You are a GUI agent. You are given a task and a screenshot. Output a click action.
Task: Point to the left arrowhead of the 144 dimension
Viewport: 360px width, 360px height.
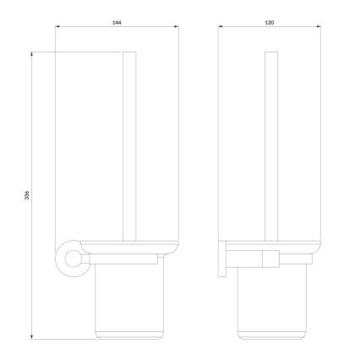pyautogui.click(x=57, y=27)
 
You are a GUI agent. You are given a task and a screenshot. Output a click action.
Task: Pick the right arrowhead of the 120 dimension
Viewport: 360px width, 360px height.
pyautogui.click(x=320, y=27)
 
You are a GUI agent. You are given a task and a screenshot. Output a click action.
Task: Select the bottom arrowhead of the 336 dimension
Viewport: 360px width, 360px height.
pyautogui.click(x=33, y=338)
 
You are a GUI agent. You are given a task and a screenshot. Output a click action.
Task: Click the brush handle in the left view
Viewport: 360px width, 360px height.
pyautogui.click(x=129, y=144)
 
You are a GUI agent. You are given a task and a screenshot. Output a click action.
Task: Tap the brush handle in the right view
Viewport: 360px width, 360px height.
pyautogui.click(x=271, y=144)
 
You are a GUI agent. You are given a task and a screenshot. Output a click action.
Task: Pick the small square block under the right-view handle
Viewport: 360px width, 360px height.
pyautogui.click(x=271, y=258)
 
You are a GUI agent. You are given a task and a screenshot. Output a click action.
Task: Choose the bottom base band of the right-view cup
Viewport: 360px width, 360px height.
pyautogui.click(x=271, y=335)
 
